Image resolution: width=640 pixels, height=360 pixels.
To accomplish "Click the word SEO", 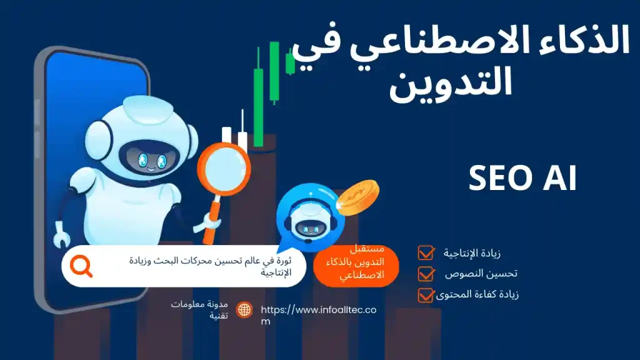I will click(497, 179).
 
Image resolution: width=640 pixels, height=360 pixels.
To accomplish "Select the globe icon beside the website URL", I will click(244, 310).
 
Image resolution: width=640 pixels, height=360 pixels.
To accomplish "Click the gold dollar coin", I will click(357, 196).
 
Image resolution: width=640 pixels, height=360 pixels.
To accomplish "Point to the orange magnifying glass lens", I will click(224, 167).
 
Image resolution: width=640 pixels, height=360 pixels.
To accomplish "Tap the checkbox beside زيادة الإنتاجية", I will click(426, 253).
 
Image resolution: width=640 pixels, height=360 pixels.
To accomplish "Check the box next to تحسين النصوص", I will click(426, 273).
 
